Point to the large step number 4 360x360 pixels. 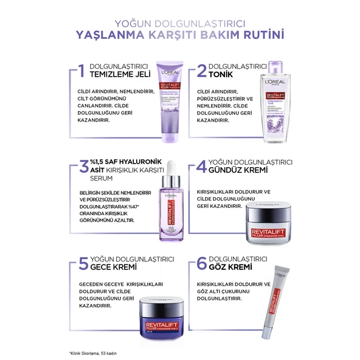click(x=199, y=168)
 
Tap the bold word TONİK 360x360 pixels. click(x=222, y=76)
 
